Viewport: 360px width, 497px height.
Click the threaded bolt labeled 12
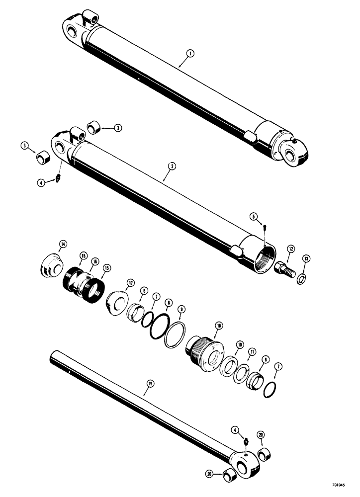(x=284, y=268)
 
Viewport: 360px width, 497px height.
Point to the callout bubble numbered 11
(x=253, y=351)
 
